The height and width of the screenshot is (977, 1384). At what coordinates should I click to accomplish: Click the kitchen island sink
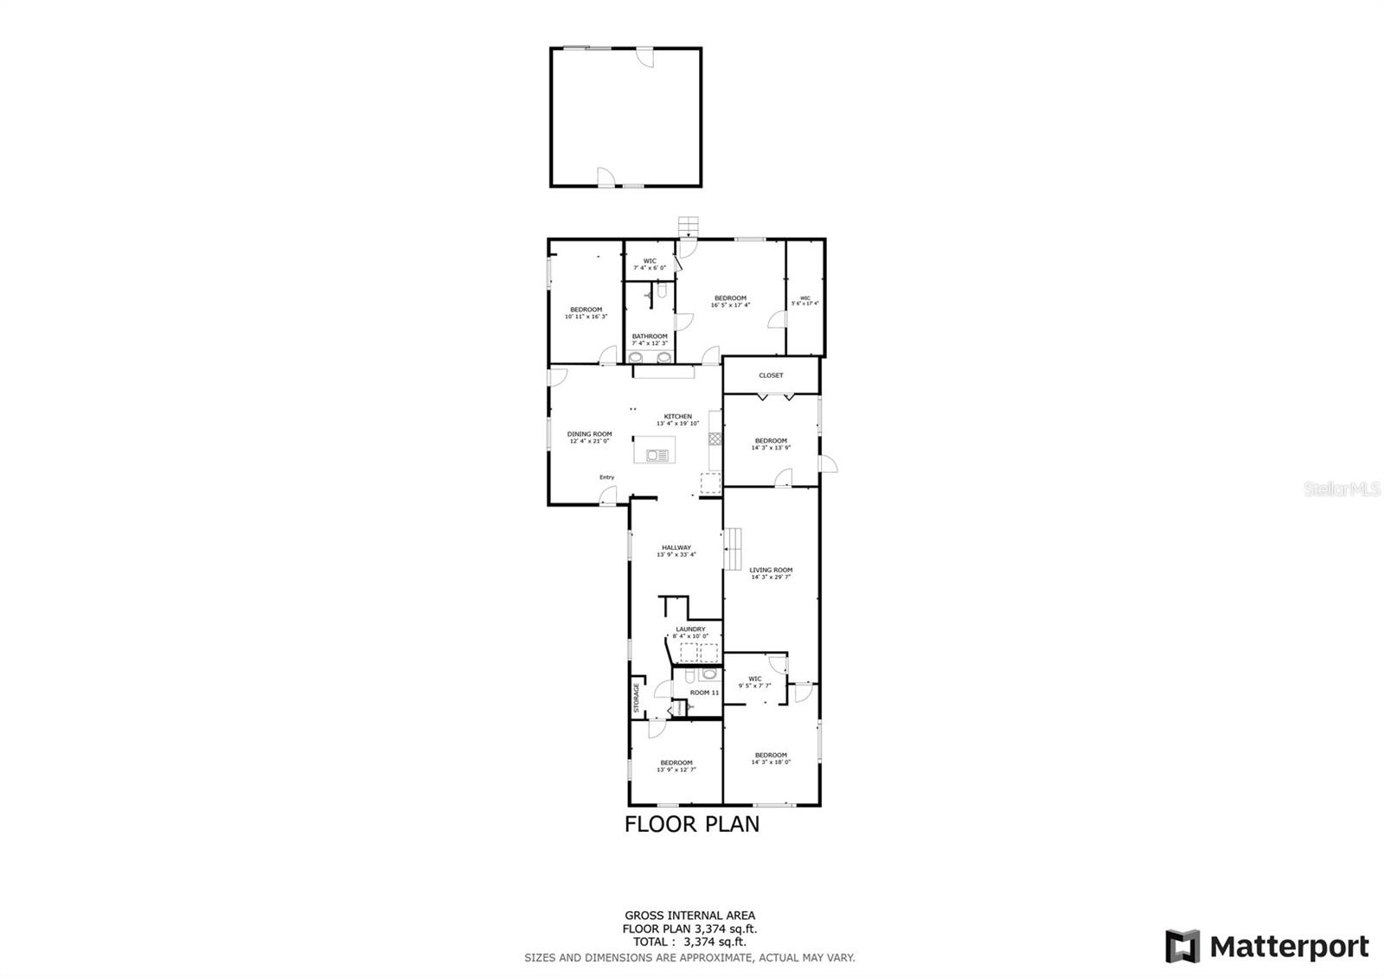pos(658,455)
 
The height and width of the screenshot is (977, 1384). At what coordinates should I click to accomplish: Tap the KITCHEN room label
pos(678,417)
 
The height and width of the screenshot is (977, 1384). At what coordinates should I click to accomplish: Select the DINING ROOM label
pos(589,434)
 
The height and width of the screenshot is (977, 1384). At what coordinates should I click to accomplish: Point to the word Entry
pos(607,477)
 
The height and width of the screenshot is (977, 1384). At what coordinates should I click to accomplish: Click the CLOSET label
pos(771,375)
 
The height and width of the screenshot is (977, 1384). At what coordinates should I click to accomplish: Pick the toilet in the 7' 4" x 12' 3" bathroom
pos(661,294)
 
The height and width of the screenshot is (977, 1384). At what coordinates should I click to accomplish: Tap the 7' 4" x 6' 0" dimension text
pos(650,268)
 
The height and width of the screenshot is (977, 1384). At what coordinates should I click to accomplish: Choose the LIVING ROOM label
pos(771,571)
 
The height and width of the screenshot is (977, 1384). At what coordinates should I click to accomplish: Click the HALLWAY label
pos(676,547)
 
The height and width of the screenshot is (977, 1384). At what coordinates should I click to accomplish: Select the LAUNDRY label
pos(690,629)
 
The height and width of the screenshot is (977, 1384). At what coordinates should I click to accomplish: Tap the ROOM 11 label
pos(704,693)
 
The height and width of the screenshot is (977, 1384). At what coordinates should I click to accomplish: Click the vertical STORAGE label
pos(637,698)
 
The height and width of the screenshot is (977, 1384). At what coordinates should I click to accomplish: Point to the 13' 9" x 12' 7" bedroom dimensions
pos(676,769)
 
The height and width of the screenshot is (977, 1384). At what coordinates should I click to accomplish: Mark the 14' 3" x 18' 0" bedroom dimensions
pos(771,762)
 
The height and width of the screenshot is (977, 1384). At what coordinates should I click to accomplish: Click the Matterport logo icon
pos(1182,946)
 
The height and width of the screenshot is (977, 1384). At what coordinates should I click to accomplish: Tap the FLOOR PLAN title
pos(692,824)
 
